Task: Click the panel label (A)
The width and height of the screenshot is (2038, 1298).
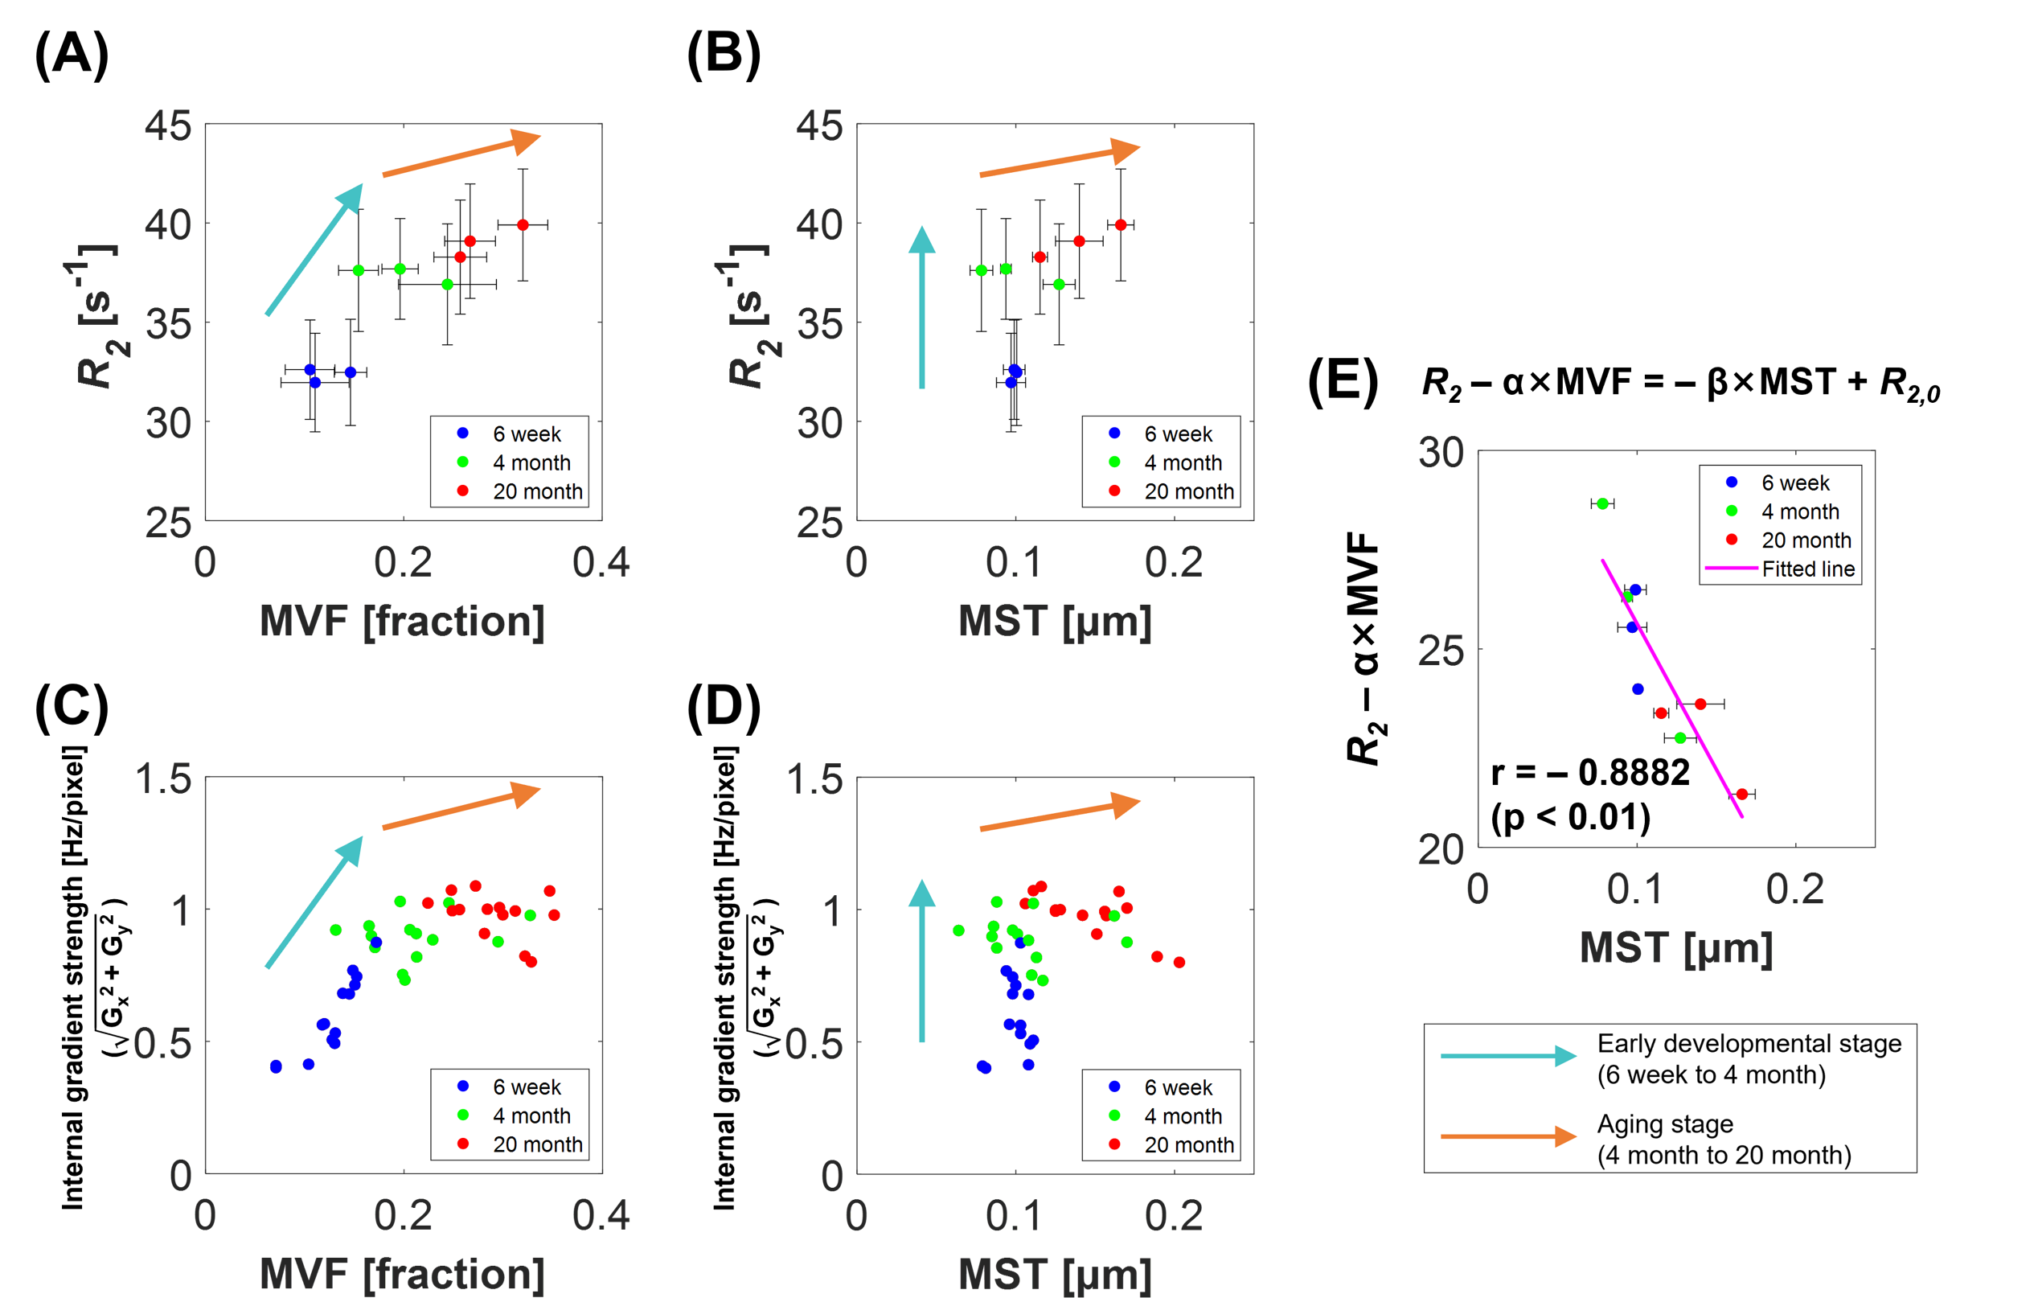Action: coord(71,54)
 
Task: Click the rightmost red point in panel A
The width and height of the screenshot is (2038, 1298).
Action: coord(523,225)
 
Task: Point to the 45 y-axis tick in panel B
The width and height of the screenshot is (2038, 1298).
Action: coord(818,126)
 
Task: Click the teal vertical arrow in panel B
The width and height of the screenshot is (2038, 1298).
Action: coord(921,308)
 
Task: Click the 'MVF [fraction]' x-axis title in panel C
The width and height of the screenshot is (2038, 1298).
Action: coord(402,1272)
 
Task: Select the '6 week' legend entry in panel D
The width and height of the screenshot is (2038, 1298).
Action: coord(1177,1087)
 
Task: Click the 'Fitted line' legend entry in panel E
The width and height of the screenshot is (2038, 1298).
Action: coord(1807,569)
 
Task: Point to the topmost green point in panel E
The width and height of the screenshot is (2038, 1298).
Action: coord(1602,503)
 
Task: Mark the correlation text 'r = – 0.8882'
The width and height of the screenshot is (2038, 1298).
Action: coord(1590,772)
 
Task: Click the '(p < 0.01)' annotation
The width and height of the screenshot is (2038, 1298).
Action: coord(1571,817)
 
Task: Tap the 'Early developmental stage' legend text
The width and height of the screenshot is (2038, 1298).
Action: coord(1749,1043)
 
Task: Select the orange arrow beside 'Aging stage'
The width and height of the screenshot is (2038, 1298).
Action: coord(1507,1136)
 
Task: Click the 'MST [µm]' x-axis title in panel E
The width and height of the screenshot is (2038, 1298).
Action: coord(1675,947)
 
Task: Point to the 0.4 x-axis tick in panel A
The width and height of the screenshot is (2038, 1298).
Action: coord(601,563)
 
